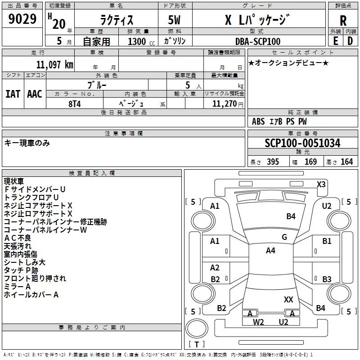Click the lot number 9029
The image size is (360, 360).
pyautogui.click(x=22, y=18)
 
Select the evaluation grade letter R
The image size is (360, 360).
pyautogui.click(x=343, y=21)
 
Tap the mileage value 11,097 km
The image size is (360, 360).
pyautogui.click(x=55, y=64)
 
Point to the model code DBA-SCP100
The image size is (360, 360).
pyautogui.click(x=258, y=41)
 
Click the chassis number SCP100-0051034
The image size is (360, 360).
pyautogui.click(x=302, y=143)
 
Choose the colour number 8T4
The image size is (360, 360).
pyautogui.click(x=75, y=104)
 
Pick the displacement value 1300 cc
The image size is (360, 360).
pyautogui.click(x=141, y=41)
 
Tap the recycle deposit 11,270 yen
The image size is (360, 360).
pyautogui.click(x=228, y=104)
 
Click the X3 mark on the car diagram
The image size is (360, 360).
pyautogui.click(x=321, y=184)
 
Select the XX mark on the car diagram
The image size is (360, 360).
pyautogui.click(x=288, y=299)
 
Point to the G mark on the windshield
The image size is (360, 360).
pyautogui.click(x=284, y=237)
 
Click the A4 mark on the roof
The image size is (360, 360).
pyautogui.click(x=270, y=251)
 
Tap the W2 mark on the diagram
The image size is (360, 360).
pyautogui.click(x=258, y=322)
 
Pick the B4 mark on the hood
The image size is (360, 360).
pyautogui.click(x=291, y=216)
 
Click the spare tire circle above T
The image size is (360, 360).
pyautogui.click(x=197, y=328)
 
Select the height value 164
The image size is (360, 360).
pyautogui.click(x=346, y=162)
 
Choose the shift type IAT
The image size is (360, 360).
pyautogui.click(x=13, y=94)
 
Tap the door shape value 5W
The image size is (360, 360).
pyautogui.click(x=174, y=20)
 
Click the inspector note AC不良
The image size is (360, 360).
pyautogui.click(x=18, y=238)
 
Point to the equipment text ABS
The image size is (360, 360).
pyautogui.click(x=258, y=121)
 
